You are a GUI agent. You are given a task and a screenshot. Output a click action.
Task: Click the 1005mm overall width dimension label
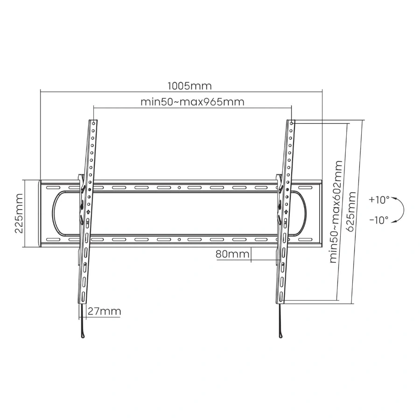189,86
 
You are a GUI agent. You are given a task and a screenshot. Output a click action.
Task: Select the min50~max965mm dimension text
192,102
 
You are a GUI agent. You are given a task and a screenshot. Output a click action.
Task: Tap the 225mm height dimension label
19,213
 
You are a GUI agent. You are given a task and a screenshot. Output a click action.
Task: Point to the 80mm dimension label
232,254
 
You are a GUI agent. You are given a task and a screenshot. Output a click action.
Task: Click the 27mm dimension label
105,311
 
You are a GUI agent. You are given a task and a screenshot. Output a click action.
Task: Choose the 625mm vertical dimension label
351,211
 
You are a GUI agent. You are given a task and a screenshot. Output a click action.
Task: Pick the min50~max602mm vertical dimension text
336,211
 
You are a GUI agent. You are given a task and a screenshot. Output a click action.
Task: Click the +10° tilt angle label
379,200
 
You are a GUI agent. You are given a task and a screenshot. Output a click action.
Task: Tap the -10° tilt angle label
379,220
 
